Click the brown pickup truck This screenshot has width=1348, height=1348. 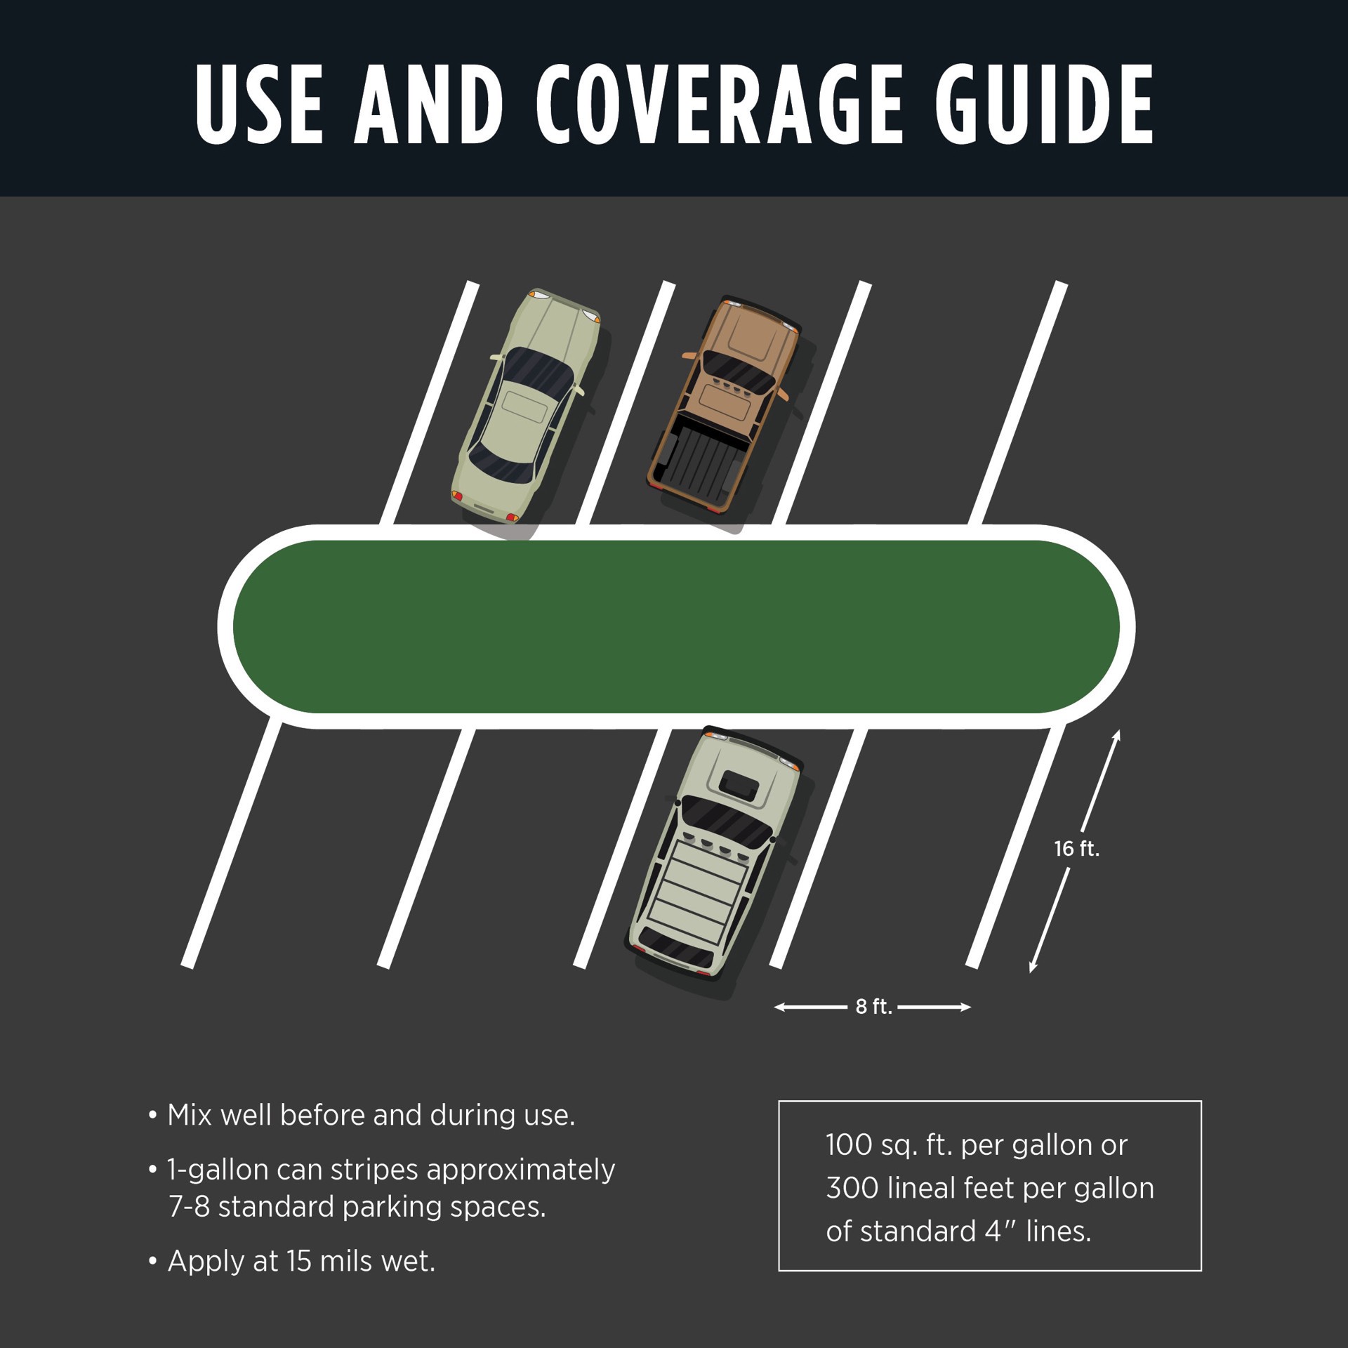[x=725, y=404]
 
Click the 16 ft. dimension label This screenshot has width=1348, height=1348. [x=1076, y=849]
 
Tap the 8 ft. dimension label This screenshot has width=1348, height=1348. [x=873, y=1007]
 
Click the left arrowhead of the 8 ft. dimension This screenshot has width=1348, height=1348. [x=779, y=1007]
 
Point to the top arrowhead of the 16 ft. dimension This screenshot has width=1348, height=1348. [x=1116, y=735]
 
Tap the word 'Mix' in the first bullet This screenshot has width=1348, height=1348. [x=190, y=1115]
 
